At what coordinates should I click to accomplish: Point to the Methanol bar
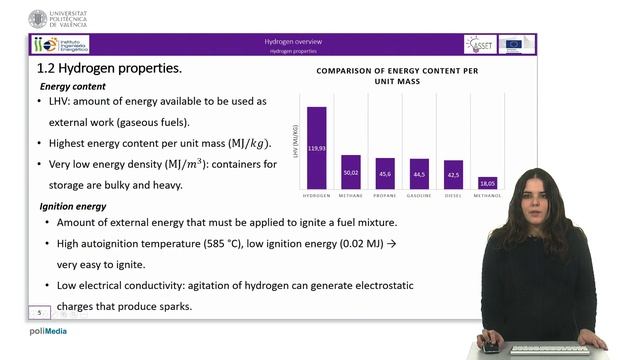tap(487, 183)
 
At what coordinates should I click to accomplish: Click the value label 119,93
tap(317, 147)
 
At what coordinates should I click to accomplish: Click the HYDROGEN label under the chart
tap(317, 196)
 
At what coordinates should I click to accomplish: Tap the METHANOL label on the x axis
tap(487, 196)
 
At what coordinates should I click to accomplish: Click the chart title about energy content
tap(397, 77)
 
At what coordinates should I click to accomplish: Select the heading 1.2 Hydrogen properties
tap(109, 68)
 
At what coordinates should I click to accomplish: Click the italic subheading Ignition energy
tap(73, 206)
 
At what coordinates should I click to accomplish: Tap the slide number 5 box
tap(41, 312)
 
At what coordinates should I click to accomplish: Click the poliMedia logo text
tap(47, 331)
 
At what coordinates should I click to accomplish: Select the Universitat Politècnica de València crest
tap(38, 18)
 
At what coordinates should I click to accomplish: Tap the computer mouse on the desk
tap(489, 348)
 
